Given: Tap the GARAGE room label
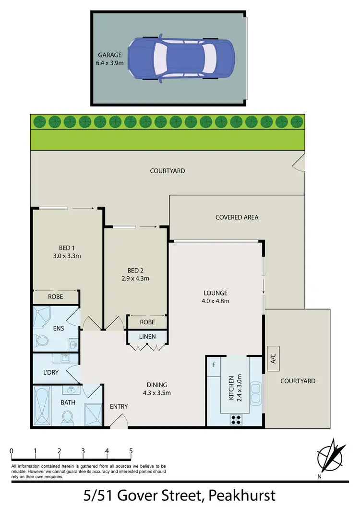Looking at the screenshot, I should (x=110, y=55).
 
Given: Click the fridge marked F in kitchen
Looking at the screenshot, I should (x=213, y=364).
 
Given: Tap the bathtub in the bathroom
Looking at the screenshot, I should (x=43, y=406).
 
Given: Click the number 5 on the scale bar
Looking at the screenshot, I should (x=131, y=451).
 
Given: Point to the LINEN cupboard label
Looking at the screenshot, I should (x=147, y=336).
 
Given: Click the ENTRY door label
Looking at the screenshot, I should (x=119, y=406).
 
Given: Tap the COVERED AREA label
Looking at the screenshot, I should (x=237, y=217).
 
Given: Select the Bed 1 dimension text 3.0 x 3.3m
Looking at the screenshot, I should (x=66, y=256).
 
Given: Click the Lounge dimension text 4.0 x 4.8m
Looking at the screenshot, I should (x=215, y=301).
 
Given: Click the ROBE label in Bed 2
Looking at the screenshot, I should (x=147, y=322).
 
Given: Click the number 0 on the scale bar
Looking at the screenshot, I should (x=11, y=451).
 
